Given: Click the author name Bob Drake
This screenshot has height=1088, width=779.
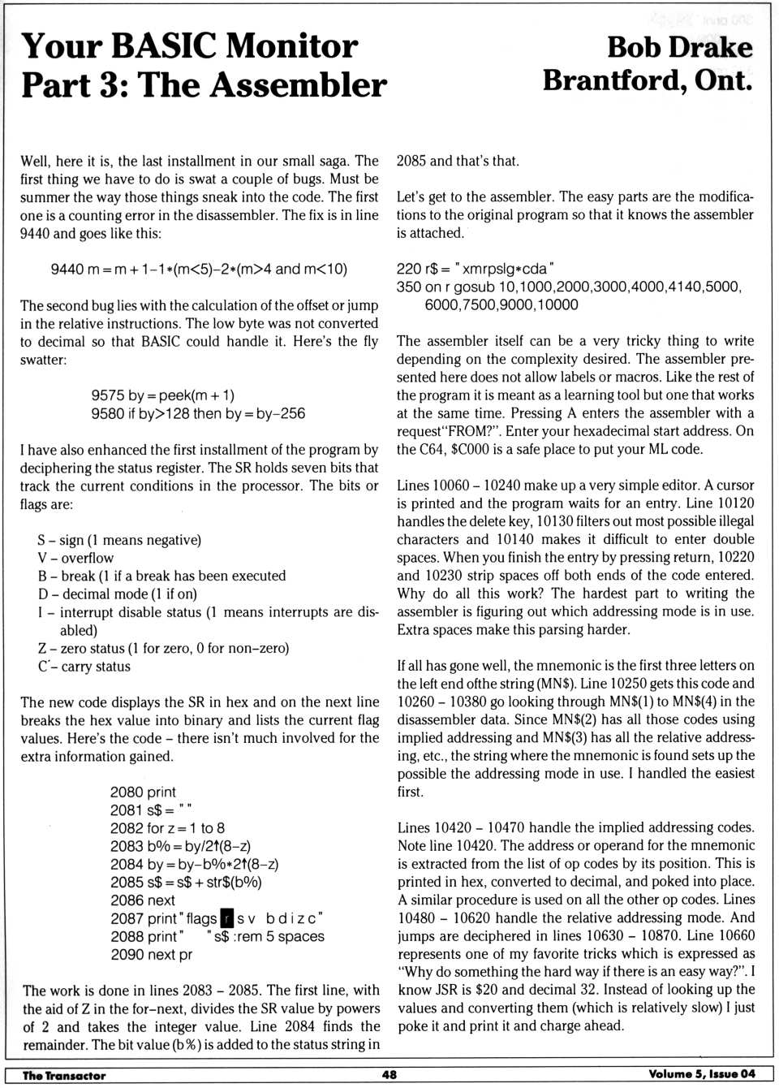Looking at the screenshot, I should click(679, 47).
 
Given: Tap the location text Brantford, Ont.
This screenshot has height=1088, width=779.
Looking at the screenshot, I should click(648, 80).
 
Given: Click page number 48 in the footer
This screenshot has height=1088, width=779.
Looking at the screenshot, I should click(389, 1074).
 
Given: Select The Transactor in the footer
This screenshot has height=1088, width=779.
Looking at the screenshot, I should click(64, 1075).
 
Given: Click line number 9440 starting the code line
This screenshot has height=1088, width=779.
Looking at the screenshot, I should click(67, 269).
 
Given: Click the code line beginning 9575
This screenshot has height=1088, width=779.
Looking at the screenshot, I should click(162, 395).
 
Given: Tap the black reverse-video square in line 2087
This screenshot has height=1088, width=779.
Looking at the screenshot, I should click(227, 918).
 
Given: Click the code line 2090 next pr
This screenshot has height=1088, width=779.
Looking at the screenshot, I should click(151, 954).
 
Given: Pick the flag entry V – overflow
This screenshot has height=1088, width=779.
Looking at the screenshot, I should click(75, 558).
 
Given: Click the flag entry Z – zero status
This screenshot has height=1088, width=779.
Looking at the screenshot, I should click(162, 648).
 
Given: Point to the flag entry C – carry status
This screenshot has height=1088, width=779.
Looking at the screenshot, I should click(84, 667).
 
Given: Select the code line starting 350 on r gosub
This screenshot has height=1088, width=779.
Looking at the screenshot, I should click(568, 287).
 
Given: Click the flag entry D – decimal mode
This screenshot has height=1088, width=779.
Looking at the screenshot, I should click(117, 594).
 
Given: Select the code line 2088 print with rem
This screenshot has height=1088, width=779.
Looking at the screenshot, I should click(217, 936).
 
